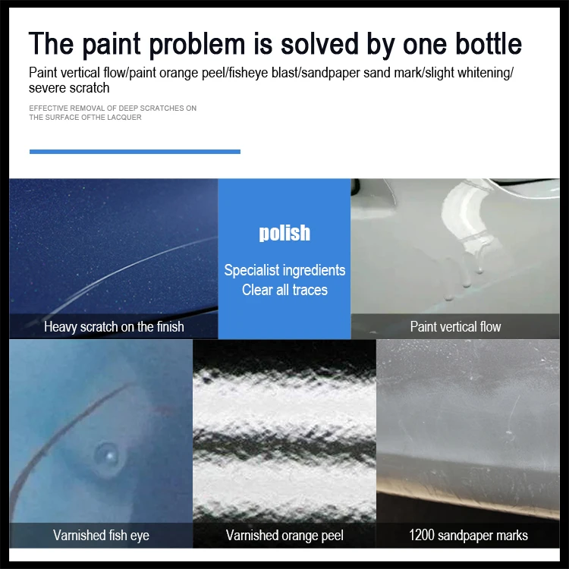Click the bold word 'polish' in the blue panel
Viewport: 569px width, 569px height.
coord(284,233)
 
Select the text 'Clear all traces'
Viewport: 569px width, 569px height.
coord(284,290)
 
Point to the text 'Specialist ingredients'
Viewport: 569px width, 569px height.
coord(284,270)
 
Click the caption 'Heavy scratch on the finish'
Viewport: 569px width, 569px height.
coord(114,327)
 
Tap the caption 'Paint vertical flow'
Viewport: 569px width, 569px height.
coord(455,327)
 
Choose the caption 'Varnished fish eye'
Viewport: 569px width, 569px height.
coord(101,535)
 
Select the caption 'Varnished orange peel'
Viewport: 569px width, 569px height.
coord(284,535)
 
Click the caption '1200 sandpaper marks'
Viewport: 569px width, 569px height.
coord(468,535)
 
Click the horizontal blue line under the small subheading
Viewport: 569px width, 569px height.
coord(134,152)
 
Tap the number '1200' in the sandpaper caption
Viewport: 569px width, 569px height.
coord(422,535)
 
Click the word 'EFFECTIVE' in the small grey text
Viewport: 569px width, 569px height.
coord(48,108)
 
